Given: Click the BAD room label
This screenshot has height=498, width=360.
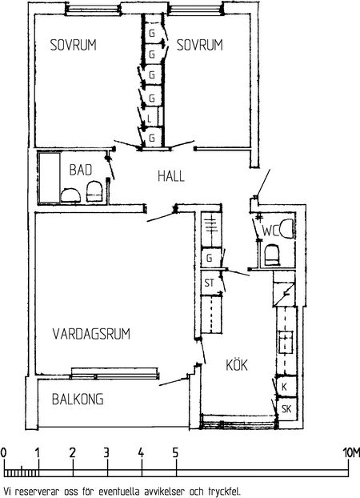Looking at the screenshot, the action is [81, 170].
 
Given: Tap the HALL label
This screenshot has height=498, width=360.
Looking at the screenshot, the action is [171, 176].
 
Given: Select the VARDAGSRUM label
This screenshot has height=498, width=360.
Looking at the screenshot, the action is [91, 334].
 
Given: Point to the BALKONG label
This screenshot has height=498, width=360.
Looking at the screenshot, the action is [78, 400].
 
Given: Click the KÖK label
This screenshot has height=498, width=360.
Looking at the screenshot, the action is [237, 365].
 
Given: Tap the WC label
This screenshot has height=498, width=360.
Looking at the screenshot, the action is [270, 231].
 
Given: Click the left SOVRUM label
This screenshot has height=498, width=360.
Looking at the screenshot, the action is [74, 45].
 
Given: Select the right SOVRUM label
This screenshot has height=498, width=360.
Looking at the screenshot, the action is [200, 45].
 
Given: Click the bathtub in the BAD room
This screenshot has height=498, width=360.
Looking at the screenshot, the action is [50, 178].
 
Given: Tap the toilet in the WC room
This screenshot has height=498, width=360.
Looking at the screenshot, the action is [272, 255].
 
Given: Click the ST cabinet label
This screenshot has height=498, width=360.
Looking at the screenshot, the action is [210, 283].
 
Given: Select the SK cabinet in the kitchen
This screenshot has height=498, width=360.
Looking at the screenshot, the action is [286, 409].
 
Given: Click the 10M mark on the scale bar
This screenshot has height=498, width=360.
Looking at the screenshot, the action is [351, 453].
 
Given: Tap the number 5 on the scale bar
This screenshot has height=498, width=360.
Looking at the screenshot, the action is [175, 453].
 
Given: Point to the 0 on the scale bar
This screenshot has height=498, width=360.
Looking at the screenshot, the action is [3, 453].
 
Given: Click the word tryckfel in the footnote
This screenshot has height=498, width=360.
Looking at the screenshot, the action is [225, 492].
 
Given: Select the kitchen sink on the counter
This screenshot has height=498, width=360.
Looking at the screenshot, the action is [286, 342].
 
